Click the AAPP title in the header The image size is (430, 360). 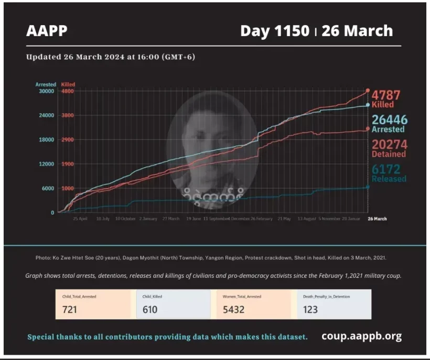(47, 31)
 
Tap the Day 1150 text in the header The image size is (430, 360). (274, 31)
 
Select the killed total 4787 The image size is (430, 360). (386, 95)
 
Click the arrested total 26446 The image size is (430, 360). (389, 120)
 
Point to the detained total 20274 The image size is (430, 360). (389, 144)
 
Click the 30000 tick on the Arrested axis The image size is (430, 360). (47, 91)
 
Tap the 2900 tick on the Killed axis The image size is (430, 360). (67, 140)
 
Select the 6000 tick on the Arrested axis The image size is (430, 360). (48, 189)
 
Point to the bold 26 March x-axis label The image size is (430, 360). (377, 219)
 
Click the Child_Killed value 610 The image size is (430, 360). (150, 309)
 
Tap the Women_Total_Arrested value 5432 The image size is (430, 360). (234, 309)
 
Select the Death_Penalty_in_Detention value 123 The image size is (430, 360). (310, 309)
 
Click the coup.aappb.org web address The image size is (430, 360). (361, 336)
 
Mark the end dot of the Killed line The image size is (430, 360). (368, 91)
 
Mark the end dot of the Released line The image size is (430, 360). (368, 187)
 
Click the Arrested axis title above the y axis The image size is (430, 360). (45, 84)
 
